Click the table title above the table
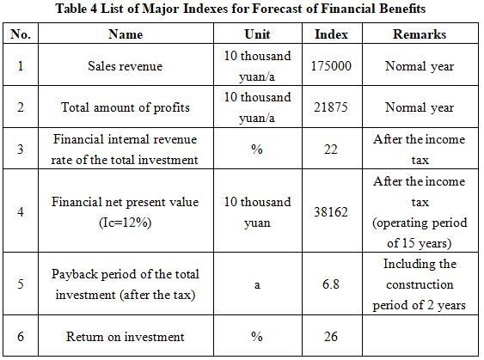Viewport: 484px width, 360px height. [241, 9]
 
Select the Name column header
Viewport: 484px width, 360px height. [126, 34]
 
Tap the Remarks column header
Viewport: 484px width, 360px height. [420, 34]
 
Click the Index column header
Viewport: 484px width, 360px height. [331, 34]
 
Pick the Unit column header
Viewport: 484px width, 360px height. [257, 34]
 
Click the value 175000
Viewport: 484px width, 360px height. [331, 66]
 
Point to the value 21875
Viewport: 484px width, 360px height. [331, 107]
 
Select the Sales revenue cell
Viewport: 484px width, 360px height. [125, 66]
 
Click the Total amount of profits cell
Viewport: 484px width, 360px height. [126, 107]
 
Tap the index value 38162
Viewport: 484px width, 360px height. [331, 212]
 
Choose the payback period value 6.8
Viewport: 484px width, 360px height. [331, 284]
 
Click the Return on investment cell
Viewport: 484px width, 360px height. [125, 336]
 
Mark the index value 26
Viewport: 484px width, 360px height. [331, 336]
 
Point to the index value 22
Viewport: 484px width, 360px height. [331, 149]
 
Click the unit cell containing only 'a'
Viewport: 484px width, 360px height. [257, 284]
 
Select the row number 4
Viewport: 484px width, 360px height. [21, 212]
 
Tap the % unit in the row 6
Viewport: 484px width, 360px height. [257, 336]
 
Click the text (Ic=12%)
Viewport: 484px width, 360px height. [126, 223]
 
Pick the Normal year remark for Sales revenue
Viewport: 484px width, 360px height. [420, 66]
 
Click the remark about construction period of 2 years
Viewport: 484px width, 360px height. [420, 284]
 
